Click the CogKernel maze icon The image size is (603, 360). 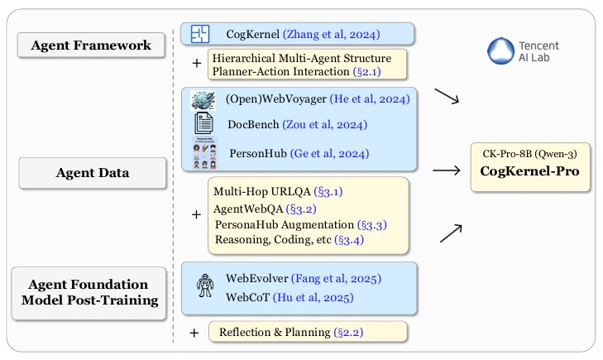click(199, 34)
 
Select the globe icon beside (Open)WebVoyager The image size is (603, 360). click(203, 100)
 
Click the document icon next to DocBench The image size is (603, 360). click(203, 125)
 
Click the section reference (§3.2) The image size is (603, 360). click(311, 208)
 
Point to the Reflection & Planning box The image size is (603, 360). click(307, 332)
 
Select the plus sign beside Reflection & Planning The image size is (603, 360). click(195, 332)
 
